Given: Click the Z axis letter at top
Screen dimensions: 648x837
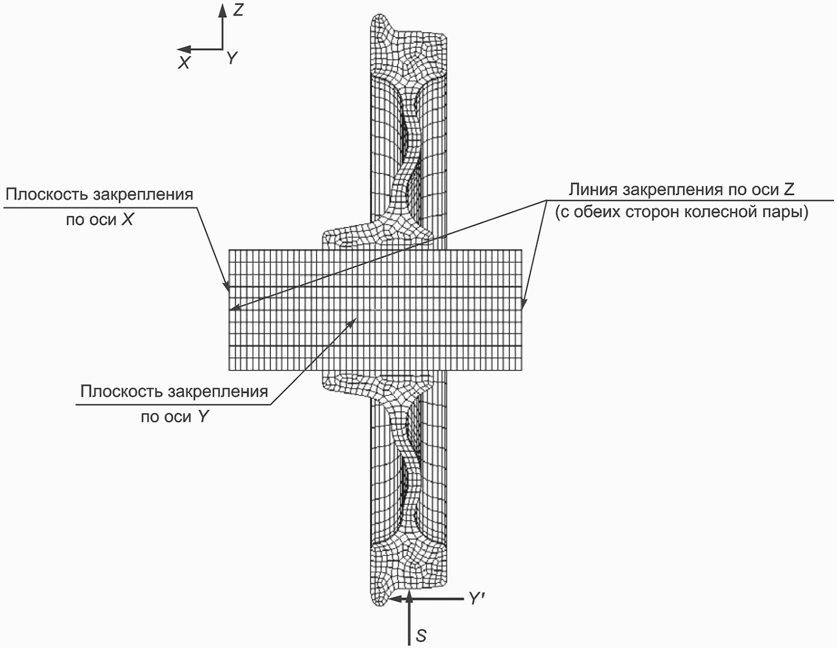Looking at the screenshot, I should coord(238,10).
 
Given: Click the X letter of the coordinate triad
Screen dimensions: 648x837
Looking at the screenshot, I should coord(184,63).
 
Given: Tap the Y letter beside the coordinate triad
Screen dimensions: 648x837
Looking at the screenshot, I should coord(232,59).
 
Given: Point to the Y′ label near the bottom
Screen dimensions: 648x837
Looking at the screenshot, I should coord(477,599).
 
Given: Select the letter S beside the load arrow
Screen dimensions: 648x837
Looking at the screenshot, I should coord(421,635).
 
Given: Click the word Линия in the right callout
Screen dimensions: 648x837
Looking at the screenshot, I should coord(593,190).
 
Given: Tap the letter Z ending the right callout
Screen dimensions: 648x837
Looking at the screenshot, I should coord(788,190).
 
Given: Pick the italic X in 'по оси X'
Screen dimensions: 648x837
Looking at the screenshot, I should coord(128,220).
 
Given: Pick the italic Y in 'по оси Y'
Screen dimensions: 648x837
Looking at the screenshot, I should coord(203,417).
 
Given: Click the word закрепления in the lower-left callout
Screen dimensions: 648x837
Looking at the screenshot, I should coord(218,392).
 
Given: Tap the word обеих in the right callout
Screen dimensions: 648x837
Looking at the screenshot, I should coord(603,212).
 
